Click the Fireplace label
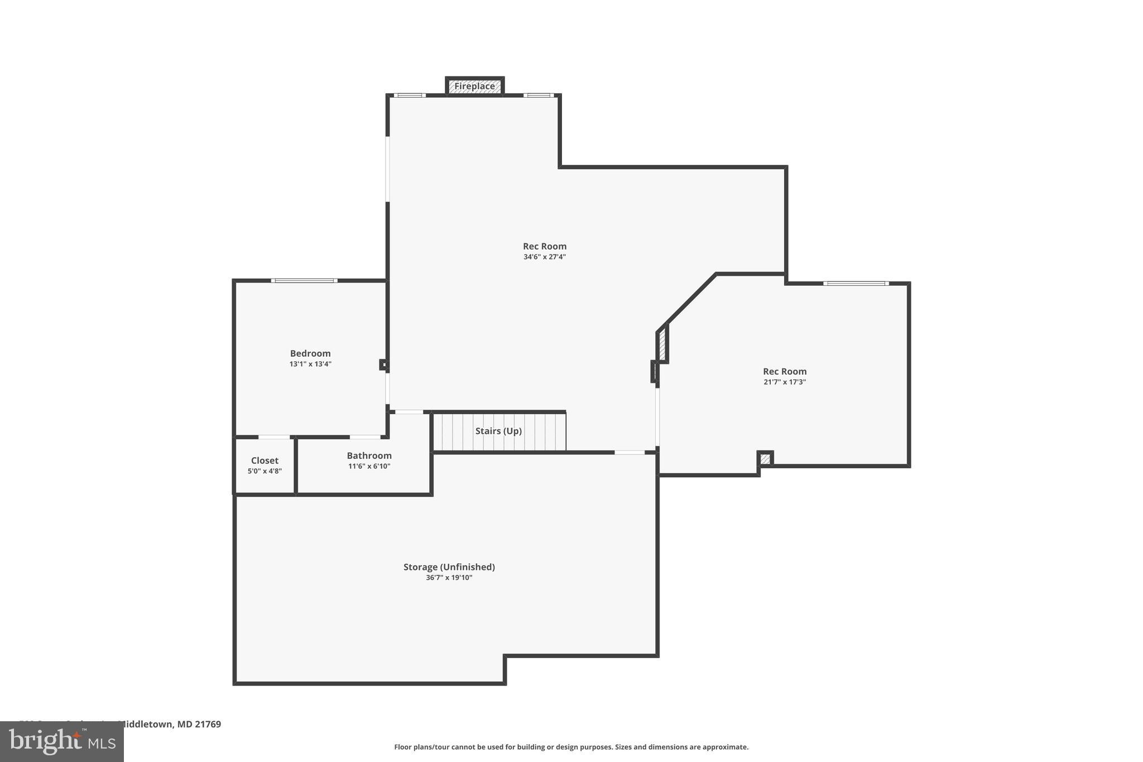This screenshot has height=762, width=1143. [x=474, y=87]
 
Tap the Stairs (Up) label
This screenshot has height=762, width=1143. [x=498, y=431]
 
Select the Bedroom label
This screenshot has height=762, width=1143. [x=310, y=353]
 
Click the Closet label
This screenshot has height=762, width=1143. [x=265, y=461]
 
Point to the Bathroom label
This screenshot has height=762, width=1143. [x=369, y=456]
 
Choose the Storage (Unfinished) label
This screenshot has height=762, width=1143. [x=449, y=567]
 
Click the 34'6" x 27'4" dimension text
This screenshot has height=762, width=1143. [x=544, y=257]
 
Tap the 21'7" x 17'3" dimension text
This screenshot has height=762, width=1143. [x=784, y=382]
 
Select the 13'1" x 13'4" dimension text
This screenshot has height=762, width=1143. [x=310, y=364]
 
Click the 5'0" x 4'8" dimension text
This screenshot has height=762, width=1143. [x=265, y=471]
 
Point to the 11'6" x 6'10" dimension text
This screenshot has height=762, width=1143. [x=369, y=466]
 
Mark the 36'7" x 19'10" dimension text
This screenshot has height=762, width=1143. [x=449, y=578]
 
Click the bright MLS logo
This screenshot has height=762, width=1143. [x=62, y=742]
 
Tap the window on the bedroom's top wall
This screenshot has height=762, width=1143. [x=304, y=280]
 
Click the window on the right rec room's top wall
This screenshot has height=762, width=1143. [x=856, y=284]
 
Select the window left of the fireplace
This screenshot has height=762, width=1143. [x=410, y=95]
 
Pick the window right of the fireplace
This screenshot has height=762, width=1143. [x=539, y=95]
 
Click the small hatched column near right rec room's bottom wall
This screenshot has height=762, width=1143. [x=765, y=459]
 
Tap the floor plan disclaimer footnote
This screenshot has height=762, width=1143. [x=571, y=747]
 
